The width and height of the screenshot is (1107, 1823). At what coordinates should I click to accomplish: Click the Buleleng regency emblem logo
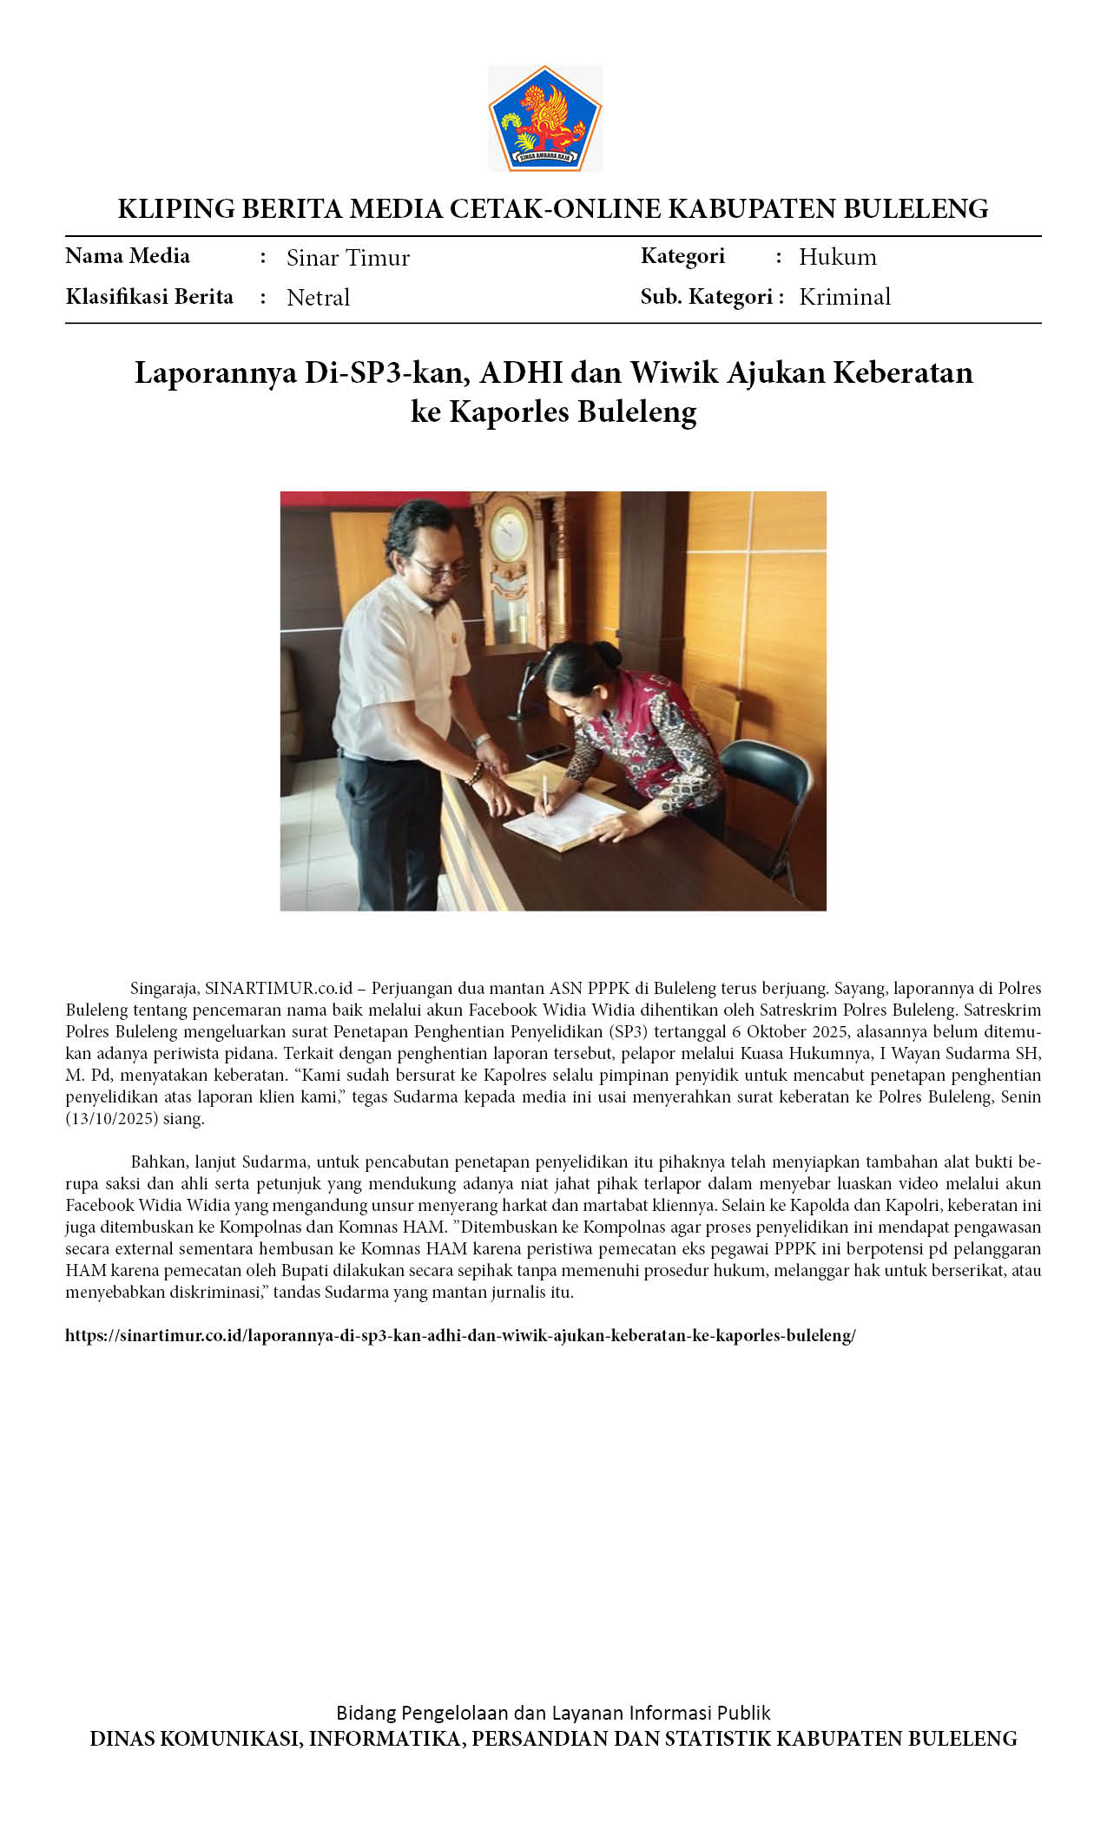(545, 118)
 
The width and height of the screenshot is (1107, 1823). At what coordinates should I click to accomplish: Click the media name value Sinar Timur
(348, 258)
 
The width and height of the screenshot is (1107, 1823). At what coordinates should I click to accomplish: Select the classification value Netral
(318, 298)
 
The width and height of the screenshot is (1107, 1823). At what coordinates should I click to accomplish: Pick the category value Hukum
(838, 257)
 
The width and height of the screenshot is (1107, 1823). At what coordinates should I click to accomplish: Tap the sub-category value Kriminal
(845, 297)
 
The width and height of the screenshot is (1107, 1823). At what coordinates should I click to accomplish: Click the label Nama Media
(128, 256)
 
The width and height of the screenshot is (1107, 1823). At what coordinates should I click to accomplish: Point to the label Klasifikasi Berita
(149, 297)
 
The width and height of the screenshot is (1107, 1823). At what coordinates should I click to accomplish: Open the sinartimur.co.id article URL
(460, 1335)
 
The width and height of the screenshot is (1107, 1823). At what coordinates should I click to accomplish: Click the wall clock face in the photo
(509, 534)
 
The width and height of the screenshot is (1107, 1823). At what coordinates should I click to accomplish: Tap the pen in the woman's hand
(545, 789)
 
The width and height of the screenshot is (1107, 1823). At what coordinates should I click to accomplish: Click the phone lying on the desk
(547, 752)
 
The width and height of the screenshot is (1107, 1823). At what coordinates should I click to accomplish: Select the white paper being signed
(564, 820)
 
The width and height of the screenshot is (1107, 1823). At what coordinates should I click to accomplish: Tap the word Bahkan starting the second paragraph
(156, 1162)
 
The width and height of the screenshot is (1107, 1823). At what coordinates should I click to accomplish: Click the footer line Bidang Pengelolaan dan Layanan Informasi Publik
(553, 1713)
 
